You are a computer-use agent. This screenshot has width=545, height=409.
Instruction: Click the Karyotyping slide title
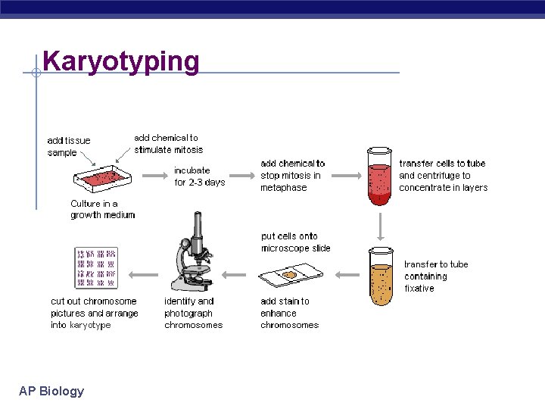click(x=121, y=61)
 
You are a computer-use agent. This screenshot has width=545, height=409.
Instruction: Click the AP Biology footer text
click(x=51, y=391)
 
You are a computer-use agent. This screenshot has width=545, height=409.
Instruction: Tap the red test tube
click(x=379, y=176)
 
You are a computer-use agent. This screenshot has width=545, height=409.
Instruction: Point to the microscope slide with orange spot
click(x=291, y=275)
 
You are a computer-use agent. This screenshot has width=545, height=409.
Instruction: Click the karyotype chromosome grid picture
click(x=95, y=267)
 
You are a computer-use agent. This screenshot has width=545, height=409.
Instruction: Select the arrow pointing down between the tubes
click(x=380, y=225)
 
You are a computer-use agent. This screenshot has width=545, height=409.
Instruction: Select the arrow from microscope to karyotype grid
click(x=143, y=275)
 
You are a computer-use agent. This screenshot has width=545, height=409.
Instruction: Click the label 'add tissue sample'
click(x=68, y=146)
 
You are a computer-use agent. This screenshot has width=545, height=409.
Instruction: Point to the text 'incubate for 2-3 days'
click(x=199, y=176)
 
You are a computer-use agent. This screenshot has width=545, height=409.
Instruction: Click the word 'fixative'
click(x=419, y=289)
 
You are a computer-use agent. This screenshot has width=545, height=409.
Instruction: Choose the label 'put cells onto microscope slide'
click(x=295, y=242)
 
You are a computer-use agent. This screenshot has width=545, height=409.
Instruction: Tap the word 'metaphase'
click(x=284, y=188)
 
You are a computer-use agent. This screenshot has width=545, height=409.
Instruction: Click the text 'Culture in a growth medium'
click(x=102, y=209)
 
